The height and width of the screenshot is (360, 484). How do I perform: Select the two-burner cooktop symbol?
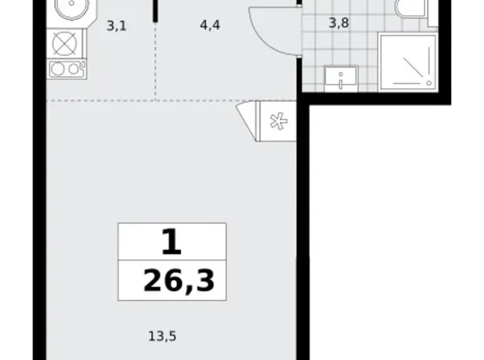(66, 69)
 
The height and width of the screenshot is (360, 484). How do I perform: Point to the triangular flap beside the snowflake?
(248, 118)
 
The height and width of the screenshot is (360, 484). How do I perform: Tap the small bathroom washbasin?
(340, 79)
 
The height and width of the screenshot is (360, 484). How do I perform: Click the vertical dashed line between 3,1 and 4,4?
(155, 62)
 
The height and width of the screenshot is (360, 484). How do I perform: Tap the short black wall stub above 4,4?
(155, 9)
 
